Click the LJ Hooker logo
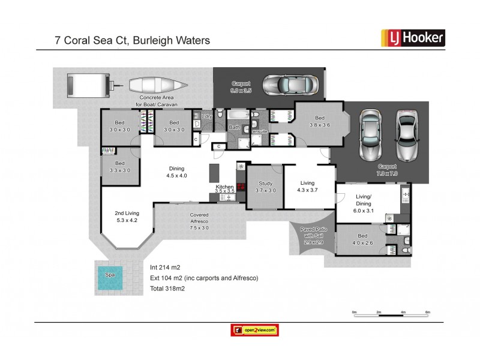pos(413,38)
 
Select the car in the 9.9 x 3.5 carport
pos(289,85)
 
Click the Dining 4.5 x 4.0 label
pos(177,172)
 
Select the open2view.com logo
pos(254,330)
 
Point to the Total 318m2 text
pos(167,289)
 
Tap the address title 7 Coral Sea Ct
pos(132,41)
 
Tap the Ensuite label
pos(260,131)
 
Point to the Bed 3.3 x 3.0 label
pos(120,167)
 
